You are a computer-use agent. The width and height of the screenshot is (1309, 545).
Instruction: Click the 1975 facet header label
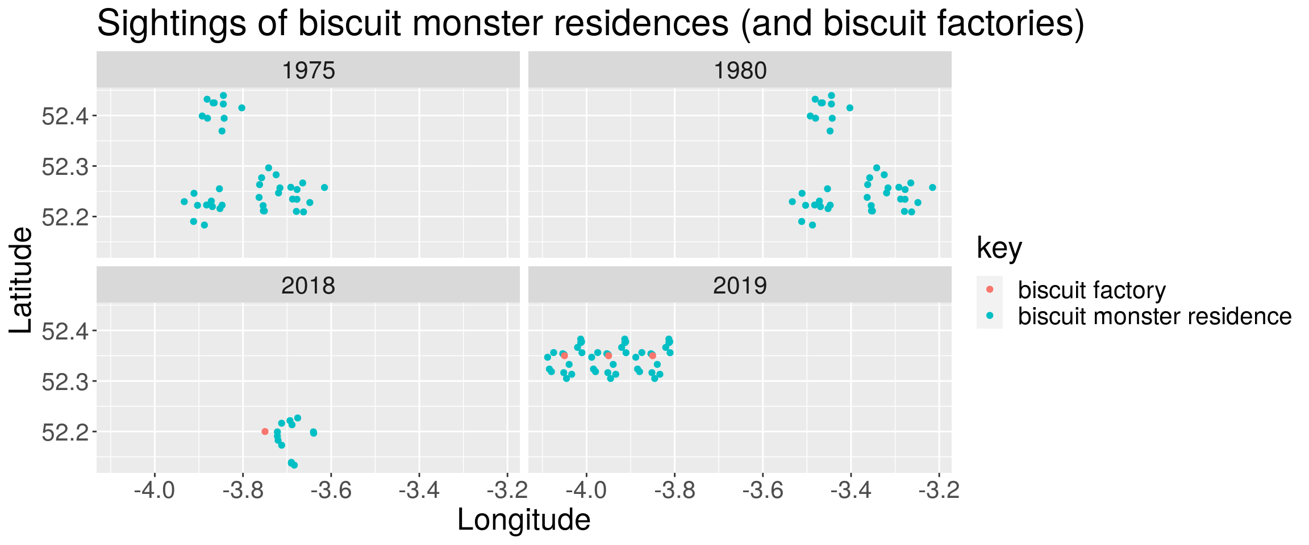[308, 71]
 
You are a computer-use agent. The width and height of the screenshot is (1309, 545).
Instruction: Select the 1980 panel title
[740, 71]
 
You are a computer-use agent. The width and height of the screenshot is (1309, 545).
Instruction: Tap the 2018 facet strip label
[308, 286]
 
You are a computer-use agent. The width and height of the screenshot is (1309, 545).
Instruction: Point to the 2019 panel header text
[740, 286]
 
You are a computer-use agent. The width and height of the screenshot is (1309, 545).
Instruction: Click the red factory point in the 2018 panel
[265, 431]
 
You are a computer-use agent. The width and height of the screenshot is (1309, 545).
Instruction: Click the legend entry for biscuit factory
[1091, 290]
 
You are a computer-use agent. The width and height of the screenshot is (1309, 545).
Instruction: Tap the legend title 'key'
[999, 248]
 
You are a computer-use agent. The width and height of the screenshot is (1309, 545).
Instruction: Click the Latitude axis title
[22, 280]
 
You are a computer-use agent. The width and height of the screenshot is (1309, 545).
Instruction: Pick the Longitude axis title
[523, 520]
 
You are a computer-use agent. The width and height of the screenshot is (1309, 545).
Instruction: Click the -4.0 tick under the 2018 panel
[154, 490]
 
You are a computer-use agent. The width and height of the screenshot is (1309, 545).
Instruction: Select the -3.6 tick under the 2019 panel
[762, 490]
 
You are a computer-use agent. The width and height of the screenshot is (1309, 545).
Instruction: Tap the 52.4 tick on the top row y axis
[64, 116]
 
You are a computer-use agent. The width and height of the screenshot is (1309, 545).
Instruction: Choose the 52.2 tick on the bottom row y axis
[64, 432]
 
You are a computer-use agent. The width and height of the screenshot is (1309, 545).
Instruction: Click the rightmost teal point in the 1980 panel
[932, 187]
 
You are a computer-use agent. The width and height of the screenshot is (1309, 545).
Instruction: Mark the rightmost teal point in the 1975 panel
[324, 187]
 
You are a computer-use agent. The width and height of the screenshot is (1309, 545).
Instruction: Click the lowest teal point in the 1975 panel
[205, 225]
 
